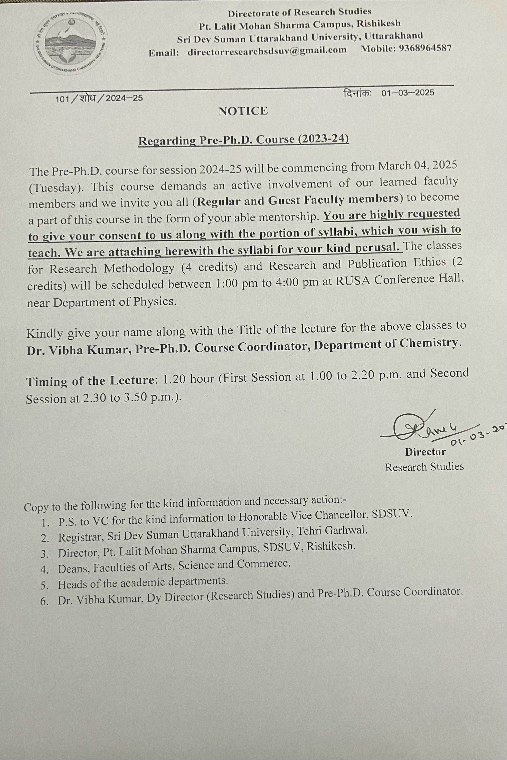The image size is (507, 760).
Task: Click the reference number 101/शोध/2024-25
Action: [x=99, y=98]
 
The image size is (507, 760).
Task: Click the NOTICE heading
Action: [x=243, y=111]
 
